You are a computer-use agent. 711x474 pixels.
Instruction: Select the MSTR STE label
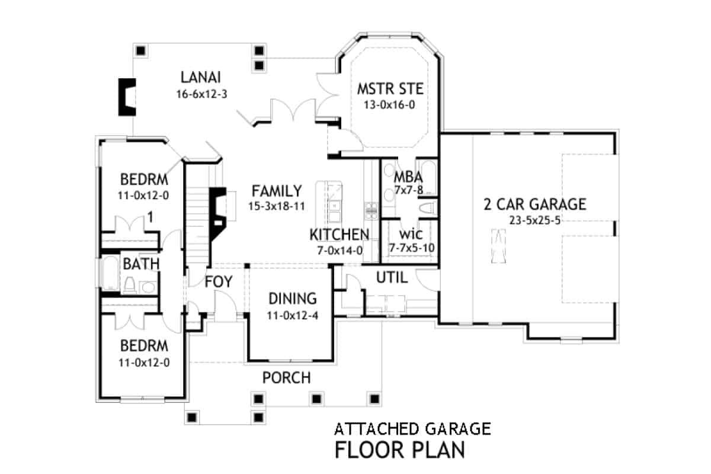(390, 89)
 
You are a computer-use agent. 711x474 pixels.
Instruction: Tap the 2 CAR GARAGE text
(534, 204)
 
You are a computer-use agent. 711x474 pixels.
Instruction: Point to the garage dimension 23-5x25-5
(534, 220)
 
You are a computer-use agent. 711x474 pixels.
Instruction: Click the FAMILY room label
(277, 191)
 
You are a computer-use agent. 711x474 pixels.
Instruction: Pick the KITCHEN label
(340, 234)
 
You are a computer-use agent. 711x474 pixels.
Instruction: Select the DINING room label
(293, 299)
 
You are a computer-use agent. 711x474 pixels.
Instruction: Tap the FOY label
(219, 280)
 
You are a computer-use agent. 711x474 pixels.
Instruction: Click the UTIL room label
(392, 277)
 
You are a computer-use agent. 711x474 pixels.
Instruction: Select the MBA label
(408, 177)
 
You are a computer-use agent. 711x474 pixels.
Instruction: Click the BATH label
(141, 263)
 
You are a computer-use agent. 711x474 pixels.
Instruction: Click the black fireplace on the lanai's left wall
(127, 97)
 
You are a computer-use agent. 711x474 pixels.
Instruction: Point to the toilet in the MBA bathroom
(428, 207)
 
